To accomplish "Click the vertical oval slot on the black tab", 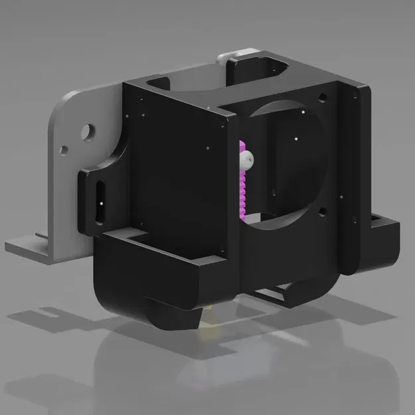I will point(100,200).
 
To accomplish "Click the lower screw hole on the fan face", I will point(321,212).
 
